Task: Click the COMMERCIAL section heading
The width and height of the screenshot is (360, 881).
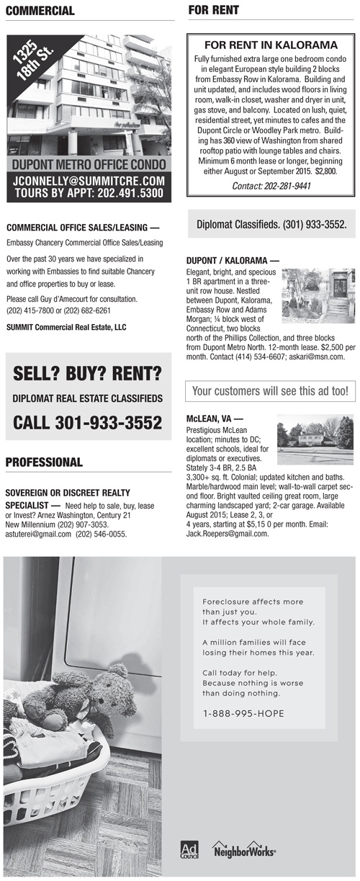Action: point(40,11)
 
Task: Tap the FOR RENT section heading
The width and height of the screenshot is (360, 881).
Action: point(213,10)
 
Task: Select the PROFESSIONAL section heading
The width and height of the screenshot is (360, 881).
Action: point(44,462)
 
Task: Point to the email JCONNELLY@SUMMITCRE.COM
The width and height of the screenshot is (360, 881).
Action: point(90,181)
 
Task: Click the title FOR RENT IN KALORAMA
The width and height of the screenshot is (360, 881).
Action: point(271,45)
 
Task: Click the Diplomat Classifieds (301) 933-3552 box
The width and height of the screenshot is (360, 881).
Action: point(271,225)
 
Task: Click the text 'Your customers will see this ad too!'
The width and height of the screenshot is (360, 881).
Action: point(270,392)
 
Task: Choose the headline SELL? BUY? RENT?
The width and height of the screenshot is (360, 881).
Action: point(87,375)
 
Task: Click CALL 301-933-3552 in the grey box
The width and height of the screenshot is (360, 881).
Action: point(87,423)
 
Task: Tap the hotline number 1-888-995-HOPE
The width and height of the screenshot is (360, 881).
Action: point(243,714)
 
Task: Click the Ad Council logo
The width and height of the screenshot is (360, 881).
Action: point(189,849)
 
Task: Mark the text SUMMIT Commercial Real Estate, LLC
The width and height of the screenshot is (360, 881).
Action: point(66,327)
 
